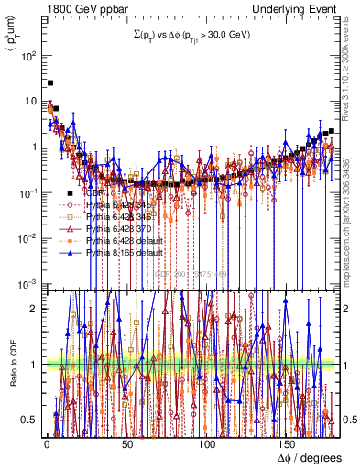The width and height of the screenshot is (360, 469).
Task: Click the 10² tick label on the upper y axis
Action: pyautogui.click(x=31, y=55)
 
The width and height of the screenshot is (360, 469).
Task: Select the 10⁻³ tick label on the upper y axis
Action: pyautogui.click(x=31, y=284)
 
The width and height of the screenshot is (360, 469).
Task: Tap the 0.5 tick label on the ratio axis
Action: pyautogui.click(x=33, y=420)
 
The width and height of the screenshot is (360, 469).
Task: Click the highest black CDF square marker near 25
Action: pyautogui.click(x=49, y=82)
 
